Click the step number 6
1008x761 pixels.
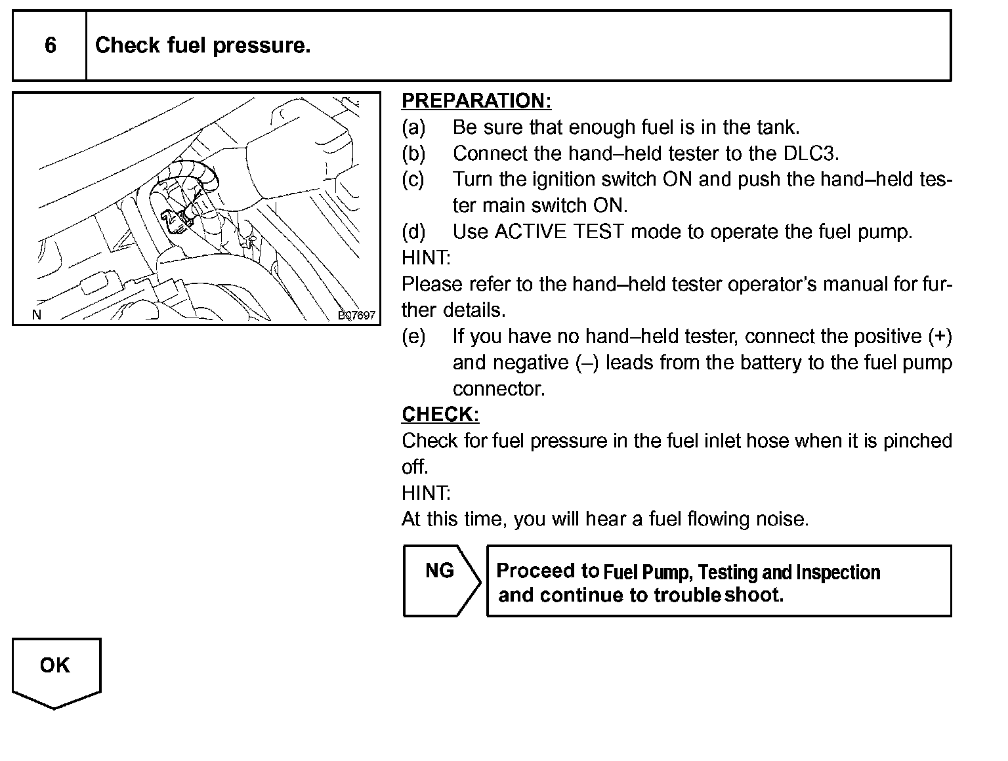(x=50, y=45)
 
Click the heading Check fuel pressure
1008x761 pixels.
(x=203, y=45)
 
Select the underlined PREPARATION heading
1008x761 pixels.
(x=476, y=101)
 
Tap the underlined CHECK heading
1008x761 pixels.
(x=440, y=415)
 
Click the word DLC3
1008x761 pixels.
(x=811, y=154)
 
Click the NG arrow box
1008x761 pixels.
(x=440, y=581)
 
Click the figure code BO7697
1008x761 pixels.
(x=356, y=316)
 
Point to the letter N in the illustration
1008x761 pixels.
(x=37, y=315)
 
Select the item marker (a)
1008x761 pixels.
(x=413, y=127)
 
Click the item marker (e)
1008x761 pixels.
(x=413, y=337)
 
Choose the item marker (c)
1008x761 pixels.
(x=413, y=180)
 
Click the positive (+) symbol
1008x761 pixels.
(x=940, y=337)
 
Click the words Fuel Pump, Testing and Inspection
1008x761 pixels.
(x=742, y=572)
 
